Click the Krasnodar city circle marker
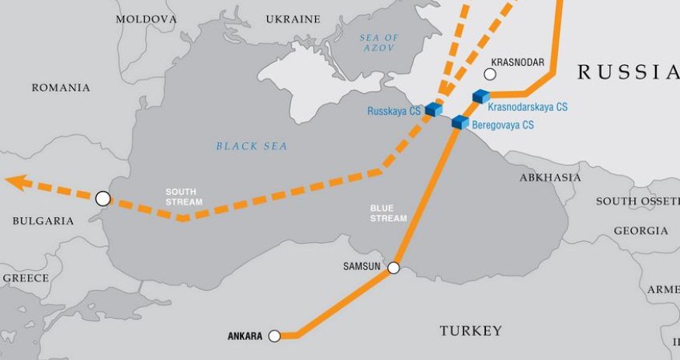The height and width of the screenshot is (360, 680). coord(490,74)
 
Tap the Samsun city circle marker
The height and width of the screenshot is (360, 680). coord(394,268)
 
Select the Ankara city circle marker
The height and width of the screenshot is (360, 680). coord(274,336)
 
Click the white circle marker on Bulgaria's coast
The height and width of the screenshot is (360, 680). coord(102,199)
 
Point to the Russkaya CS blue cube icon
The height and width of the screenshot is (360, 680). coord(434,109)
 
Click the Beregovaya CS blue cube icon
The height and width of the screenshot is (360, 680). coord(460,122)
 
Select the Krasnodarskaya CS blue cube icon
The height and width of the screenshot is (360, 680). coord(481,97)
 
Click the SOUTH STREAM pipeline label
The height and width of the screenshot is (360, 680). coord(184,196)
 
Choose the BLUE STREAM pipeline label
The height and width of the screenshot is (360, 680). coord(388,213)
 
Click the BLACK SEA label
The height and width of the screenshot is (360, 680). coord(252,146)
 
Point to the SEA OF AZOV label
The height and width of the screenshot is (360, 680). coord(379,43)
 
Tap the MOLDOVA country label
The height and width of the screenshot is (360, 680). coord(146,19)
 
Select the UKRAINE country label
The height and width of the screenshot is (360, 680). coord(293,19)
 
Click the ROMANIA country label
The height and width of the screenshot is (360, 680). coord(61,88)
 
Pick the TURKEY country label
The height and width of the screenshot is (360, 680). coord(470,331)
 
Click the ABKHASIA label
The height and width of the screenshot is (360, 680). coord(550,178)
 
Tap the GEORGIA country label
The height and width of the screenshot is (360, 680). coord(640,230)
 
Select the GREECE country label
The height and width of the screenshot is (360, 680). coord(25,278)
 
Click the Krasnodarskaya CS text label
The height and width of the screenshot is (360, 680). coord(527,106)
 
